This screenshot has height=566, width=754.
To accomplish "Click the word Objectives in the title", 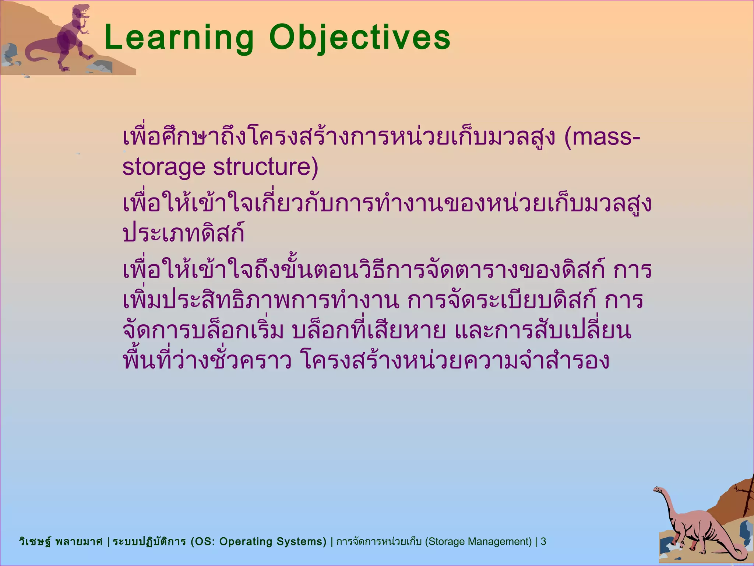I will pyautogui.click(x=360, y=38).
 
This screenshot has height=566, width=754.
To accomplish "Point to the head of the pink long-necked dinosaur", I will pyautogui.click(x=658, y=490).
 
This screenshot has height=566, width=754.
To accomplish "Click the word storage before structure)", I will pyautogui.click(x=163, y=167).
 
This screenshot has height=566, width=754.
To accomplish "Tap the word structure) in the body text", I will pyautogui.click(x=265, y=167).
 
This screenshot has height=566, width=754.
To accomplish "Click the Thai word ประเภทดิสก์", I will pyautogui.click(x=183, y=234).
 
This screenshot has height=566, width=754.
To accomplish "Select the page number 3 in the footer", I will pyautogui.click(x=543, y=541).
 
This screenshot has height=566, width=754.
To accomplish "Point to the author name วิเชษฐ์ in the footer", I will pyautogui.click(x=35, y=541).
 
